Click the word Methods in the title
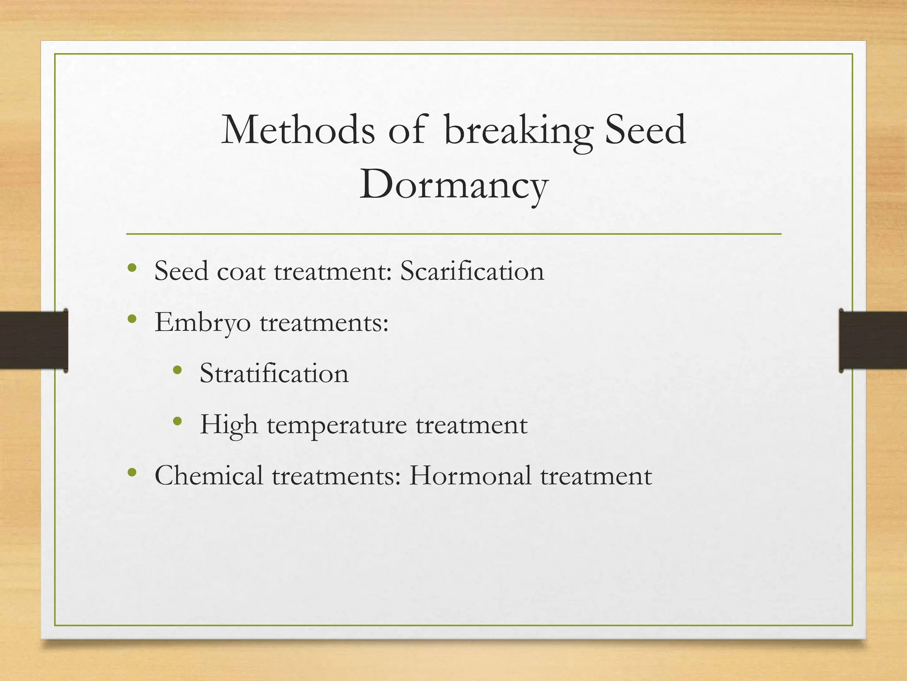tap(298, 130)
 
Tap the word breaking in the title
tap(518, 130)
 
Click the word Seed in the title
tap(645, 130)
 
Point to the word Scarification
tap(472, 271)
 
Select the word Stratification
tap(274, 373)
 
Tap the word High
tap(229, 425)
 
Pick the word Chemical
tap(209, 476)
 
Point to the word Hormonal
tap(470, 476)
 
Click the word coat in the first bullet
tap(241, 271)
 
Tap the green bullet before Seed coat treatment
tap(132, 268)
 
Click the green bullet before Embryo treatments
tap(132, 319)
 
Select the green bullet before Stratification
tap(178, 370)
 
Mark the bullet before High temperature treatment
tap(178, 421)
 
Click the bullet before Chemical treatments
tap(132, 473)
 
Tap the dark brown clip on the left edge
tap(33, 340)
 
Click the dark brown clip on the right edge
tap(872, 340)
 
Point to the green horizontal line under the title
tap(453, 234)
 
